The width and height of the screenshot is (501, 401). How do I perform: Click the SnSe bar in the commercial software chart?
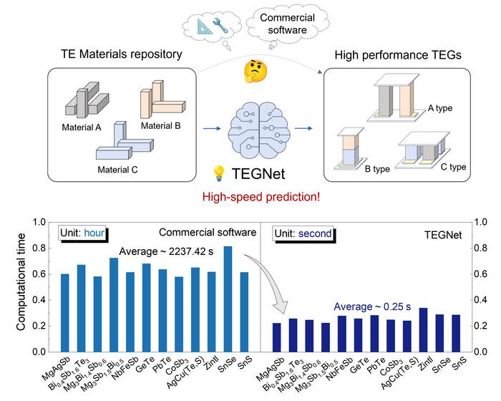(228, 299)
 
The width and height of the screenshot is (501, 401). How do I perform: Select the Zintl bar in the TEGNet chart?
(423, 329)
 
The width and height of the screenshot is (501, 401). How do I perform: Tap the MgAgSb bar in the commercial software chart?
(65, 313)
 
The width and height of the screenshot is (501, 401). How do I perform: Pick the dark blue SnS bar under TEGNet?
(456, 333)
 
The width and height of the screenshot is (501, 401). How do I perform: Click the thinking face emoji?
(256, 72)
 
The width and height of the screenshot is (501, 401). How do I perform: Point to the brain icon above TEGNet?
(259, 130)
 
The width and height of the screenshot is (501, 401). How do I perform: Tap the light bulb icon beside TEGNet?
(219, 173)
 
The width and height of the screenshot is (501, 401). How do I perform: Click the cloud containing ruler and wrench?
(212, 26)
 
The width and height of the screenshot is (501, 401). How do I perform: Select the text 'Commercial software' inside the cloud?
(287, 24)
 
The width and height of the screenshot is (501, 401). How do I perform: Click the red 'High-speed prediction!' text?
(261, 197)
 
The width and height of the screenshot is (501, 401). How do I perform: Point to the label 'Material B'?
(161, 126)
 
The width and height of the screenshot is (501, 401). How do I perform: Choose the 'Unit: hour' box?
(82, 233)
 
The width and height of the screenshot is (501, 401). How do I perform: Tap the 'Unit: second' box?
(303, 233)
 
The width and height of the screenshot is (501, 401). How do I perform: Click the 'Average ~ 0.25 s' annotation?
(372, 306)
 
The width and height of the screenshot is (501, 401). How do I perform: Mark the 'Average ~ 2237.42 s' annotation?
(166, 251)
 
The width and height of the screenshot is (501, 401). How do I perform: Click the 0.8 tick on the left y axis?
(39, 248)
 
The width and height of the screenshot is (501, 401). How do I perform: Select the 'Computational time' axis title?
(21, 281)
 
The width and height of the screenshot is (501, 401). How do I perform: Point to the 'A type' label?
(440, 108)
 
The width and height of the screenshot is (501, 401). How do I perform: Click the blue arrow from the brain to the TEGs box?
(303, 129)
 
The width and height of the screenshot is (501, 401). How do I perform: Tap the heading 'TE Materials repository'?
(122, 54)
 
